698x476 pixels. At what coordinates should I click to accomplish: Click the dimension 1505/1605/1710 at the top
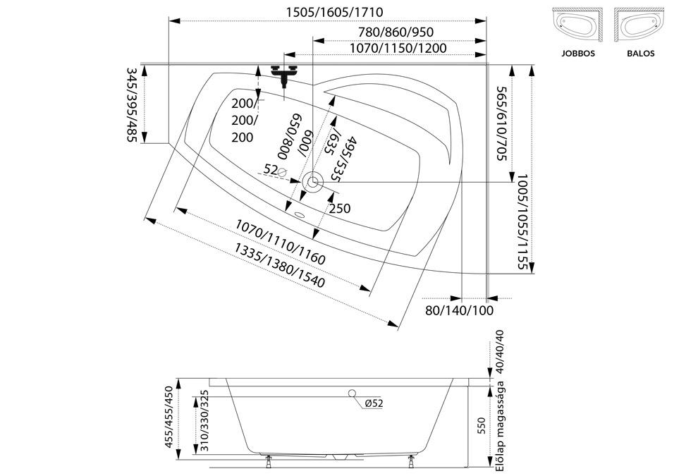(334, 12)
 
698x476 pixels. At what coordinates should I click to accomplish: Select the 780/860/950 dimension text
(396, 32)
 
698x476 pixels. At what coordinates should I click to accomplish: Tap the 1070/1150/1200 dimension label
(398, 48)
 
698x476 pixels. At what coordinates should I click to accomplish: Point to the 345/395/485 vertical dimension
(133, 104)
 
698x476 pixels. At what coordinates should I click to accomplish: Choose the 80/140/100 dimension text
(460, 310)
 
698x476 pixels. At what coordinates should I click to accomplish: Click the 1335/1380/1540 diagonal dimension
(280, 265)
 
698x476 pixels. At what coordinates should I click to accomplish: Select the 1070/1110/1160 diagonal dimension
(281, 242)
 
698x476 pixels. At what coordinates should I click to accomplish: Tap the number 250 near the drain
(340, 209)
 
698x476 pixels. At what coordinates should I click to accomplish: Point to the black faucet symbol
(283, 74)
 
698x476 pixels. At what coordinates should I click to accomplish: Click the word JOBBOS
(578, 54)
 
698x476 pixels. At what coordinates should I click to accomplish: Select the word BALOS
(641, 54)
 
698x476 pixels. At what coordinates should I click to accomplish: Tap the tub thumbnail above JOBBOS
(577, 25)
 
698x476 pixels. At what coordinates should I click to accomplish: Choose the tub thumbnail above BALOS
(639, 25)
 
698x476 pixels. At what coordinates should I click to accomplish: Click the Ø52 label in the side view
(374, 403)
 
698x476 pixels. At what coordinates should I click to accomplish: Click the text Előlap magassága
(499, 426)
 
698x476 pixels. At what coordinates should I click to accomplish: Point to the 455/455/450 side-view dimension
(169, 417)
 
